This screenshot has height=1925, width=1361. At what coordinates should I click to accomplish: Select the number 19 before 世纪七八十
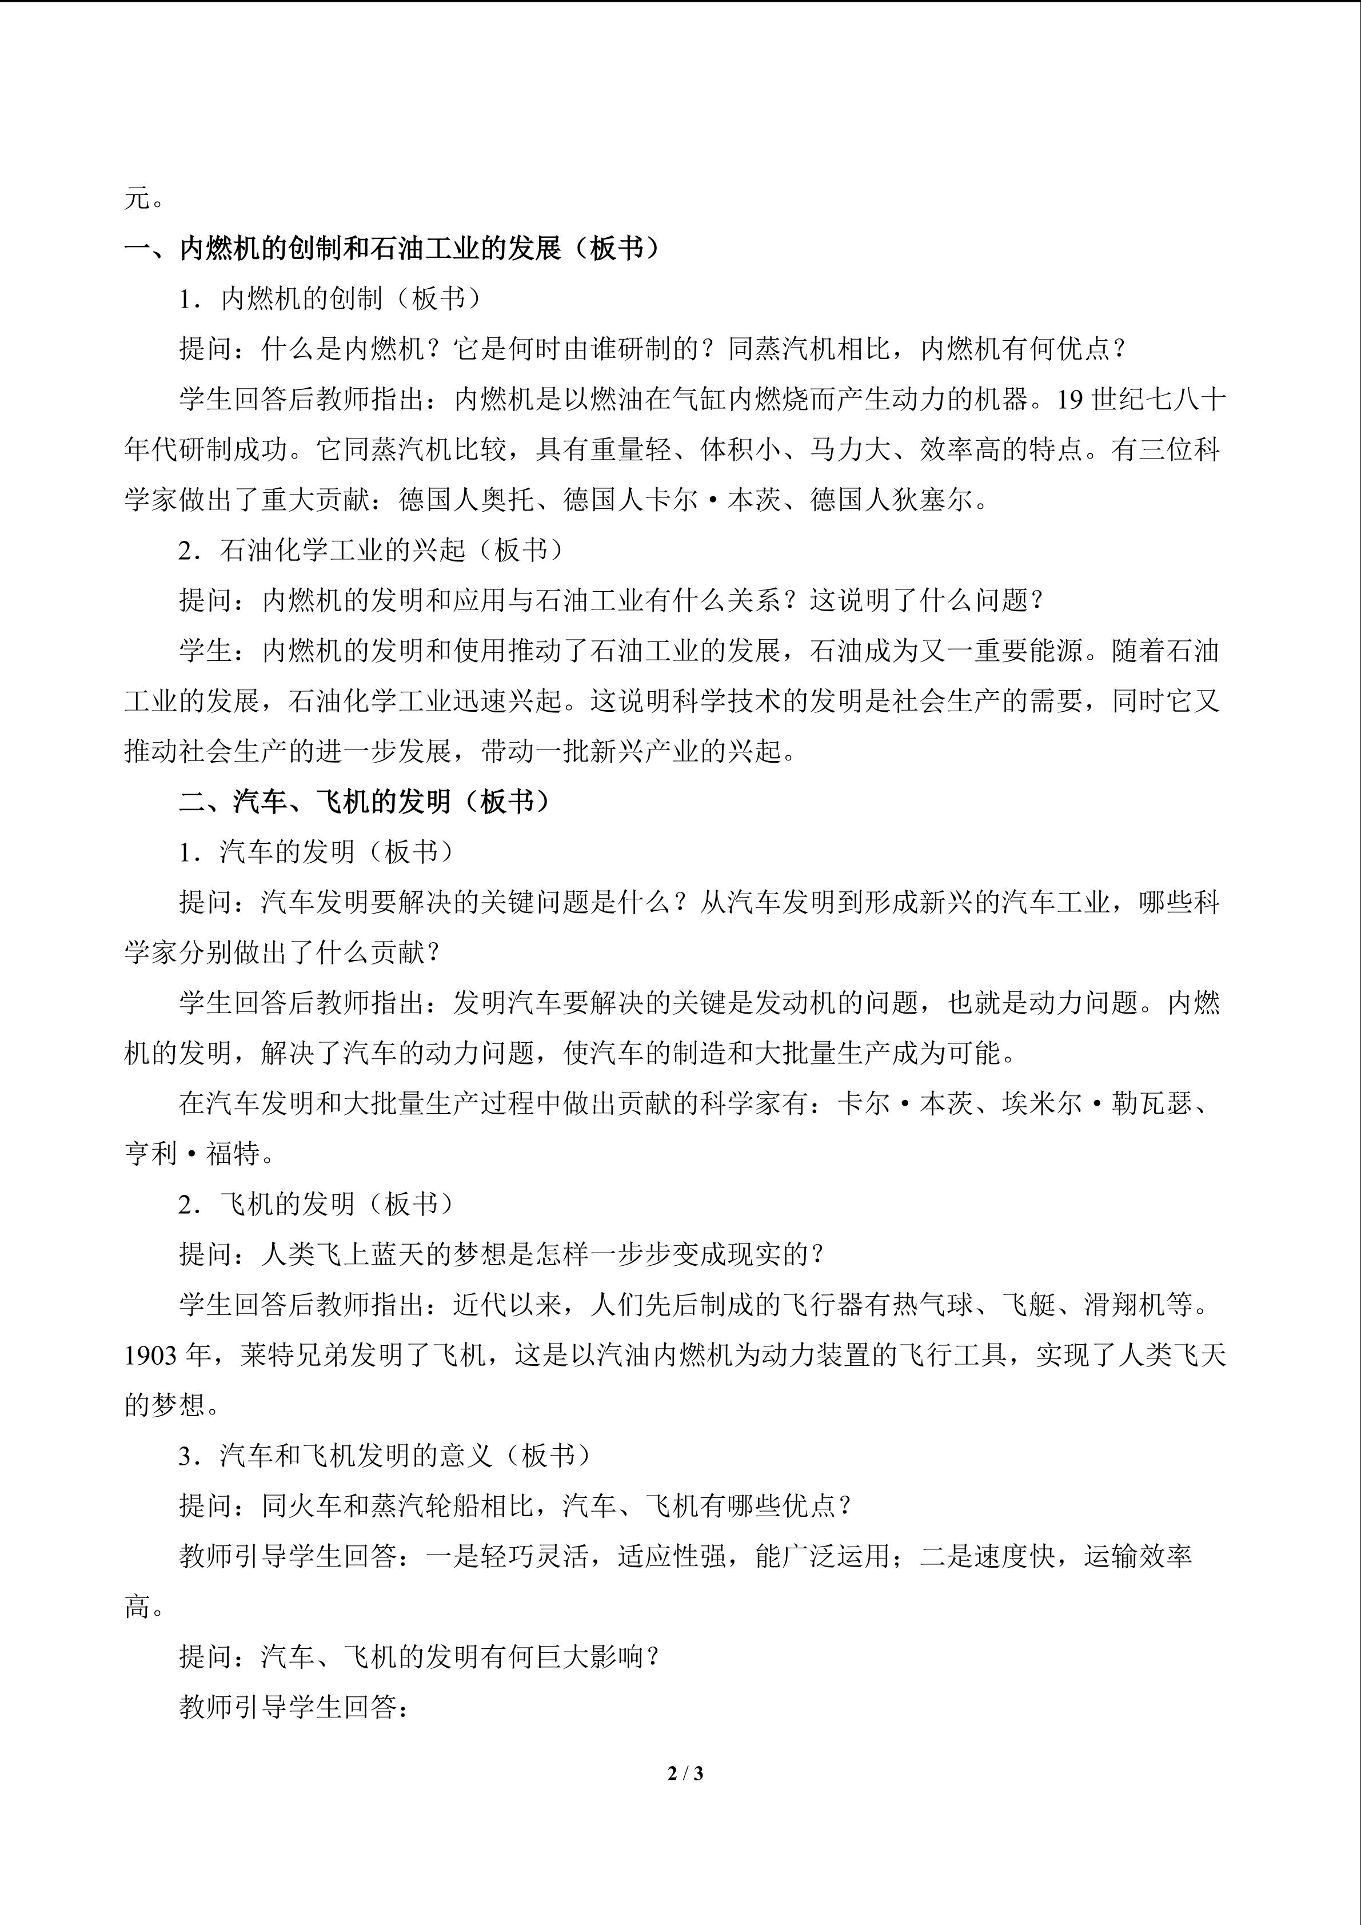coord(1070,400)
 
